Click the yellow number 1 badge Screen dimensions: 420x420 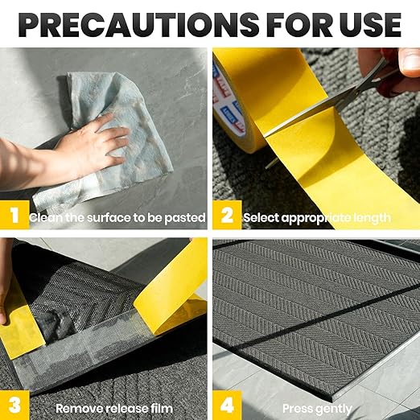point(14,216)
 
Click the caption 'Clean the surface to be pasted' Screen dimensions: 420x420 point(117,217)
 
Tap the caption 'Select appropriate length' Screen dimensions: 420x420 point(316,217)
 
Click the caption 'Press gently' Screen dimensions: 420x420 point(317,408)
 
